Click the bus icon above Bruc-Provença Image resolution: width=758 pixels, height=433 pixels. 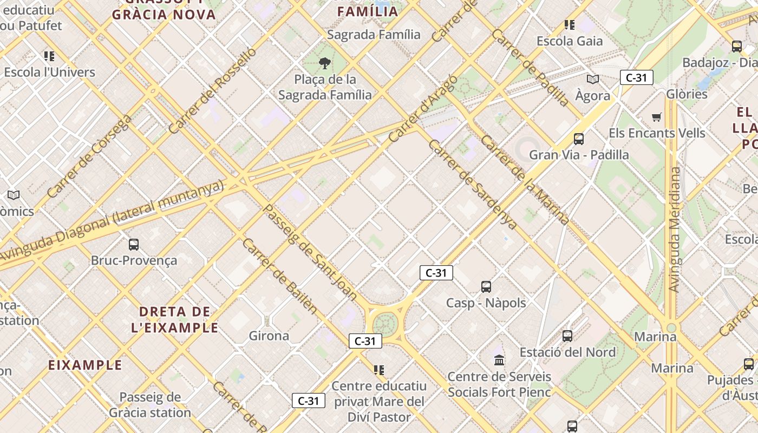134,245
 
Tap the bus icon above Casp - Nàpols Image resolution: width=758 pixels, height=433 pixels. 486,287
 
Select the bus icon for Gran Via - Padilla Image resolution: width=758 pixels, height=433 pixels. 579,139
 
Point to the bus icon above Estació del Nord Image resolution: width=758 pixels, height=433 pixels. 567,336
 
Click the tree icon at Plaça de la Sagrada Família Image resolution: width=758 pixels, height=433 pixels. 325,64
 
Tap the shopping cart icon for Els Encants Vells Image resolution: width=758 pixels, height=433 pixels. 657,117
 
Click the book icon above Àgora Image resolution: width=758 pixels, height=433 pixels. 593,80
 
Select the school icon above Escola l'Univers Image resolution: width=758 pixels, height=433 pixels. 49,56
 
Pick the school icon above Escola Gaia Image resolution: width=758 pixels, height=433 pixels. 569,25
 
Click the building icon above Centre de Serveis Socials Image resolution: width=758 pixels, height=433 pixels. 499,360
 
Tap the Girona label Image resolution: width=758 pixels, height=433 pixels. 269,336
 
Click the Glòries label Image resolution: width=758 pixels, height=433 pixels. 687,94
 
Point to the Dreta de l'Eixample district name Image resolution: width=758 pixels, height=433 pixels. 175,319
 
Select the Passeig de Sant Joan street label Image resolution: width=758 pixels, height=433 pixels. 310,252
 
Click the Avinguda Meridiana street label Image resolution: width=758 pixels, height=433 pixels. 675,229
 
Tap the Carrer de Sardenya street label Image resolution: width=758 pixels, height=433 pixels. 472,183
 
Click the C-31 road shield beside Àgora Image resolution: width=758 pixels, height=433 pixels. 636,78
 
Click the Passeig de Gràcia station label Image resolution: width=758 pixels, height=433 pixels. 150,405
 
